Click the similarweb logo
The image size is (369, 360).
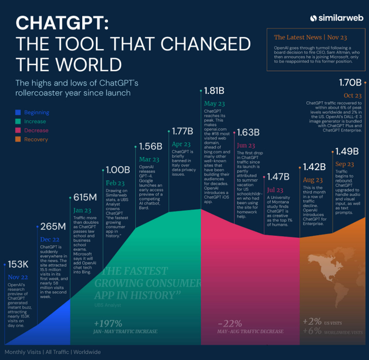tap(336, 17)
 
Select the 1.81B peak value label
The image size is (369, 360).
tap(216, 91)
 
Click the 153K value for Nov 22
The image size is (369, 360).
tap(18, 264)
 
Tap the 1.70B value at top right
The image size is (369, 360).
tap(349, 83)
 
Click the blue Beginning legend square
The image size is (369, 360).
tap(18, 112)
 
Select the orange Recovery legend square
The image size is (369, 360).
tap(18, 140)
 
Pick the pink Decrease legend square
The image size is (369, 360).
tap(18, 131)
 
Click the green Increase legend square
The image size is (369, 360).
tap(18, 122)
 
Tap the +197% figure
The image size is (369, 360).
tap(109, 323)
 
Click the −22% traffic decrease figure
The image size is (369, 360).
tap(230, 323)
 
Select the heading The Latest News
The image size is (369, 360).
tap(298, 37)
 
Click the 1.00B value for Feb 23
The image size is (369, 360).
tap(118, 170)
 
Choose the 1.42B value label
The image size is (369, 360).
tap(315, 167)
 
